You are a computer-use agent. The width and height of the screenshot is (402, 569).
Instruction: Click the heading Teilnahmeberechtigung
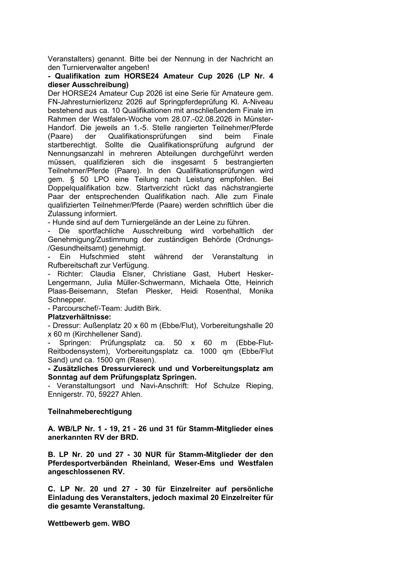tap(90, 411)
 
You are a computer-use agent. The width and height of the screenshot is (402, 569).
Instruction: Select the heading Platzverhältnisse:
tap(79, 317)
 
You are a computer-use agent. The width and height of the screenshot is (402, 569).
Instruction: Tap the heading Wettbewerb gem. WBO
tap(89, 523)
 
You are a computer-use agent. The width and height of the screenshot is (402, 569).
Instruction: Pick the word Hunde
tap(62, 222)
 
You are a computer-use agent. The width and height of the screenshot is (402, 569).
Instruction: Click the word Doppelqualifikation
tap(79, 188)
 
